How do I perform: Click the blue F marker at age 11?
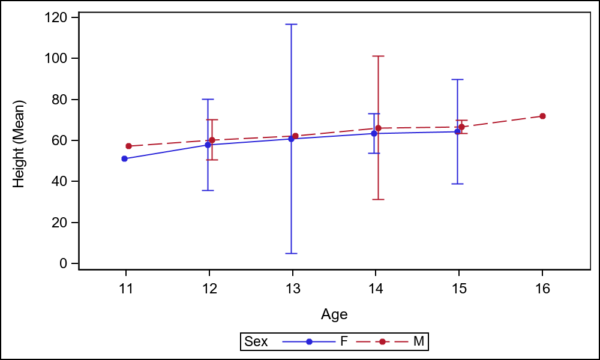124,158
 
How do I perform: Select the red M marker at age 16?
542,116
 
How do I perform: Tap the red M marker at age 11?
128,146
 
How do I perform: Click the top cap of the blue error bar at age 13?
291,24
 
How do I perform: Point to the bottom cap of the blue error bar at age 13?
291,253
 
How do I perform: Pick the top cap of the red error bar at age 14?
378,56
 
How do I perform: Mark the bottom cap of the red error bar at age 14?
378,199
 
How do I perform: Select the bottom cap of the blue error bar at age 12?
208,190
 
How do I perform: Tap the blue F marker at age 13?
291,139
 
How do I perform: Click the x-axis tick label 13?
292,289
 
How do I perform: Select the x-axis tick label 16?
542,289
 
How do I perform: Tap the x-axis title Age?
334,314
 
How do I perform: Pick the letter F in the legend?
344,341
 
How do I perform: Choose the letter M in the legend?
419,341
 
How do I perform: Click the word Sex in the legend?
256,341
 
